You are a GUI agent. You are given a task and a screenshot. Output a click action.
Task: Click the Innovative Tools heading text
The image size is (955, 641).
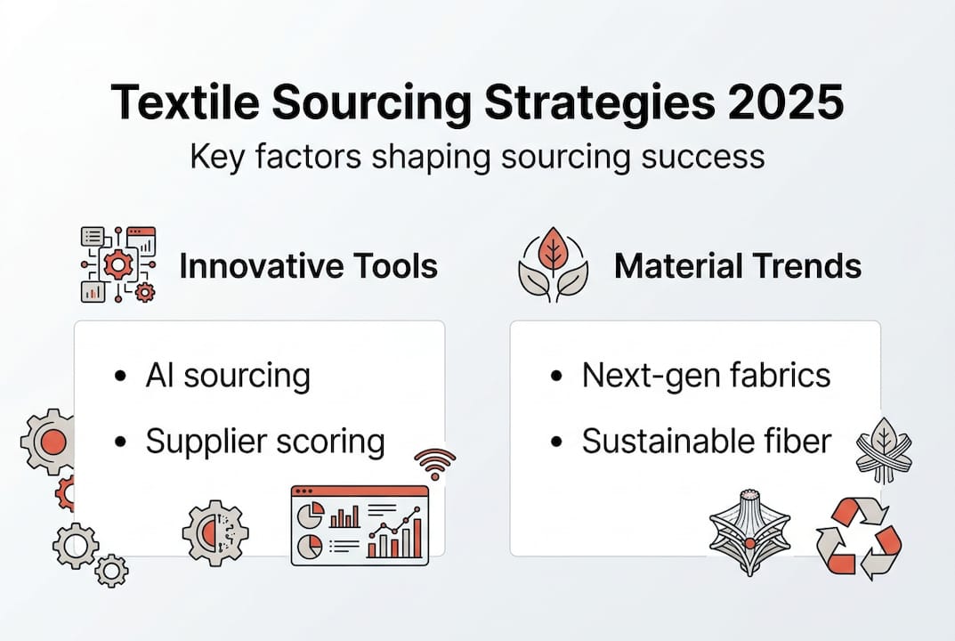[x=308, y=266]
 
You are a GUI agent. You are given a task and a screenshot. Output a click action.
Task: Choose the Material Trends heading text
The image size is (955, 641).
[x=737, y=266]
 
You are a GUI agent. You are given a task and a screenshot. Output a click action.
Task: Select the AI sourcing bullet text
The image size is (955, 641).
[x=228, y=376]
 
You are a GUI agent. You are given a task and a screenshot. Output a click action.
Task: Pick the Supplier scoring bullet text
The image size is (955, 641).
[x=265, y=442]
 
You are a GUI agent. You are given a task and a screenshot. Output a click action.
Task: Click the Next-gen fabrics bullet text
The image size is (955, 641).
[x=706, y=376]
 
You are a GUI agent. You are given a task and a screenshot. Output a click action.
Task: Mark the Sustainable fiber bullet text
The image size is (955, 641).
[x=706, y=442]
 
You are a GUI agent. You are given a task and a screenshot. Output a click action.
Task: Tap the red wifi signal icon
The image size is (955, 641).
[x=434, y=463]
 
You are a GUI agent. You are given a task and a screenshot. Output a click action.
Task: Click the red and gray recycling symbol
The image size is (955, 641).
[x=858, y=536]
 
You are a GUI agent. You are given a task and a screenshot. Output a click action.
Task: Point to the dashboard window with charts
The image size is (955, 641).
[x=360, y=525]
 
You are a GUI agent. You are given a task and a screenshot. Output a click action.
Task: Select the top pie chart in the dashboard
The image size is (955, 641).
[x=311, y=515]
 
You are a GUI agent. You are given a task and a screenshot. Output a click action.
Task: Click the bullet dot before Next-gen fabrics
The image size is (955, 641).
[x=558, y=377]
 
